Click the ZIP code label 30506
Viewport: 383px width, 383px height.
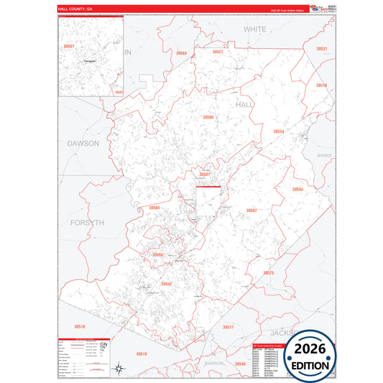point(208,116)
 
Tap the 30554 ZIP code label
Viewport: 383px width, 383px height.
point(278,131)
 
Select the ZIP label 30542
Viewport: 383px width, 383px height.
point(167,284)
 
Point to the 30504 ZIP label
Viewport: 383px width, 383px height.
point(154,208)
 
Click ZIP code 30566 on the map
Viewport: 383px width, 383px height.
point(158,254)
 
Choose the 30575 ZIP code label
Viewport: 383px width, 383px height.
point(269,273)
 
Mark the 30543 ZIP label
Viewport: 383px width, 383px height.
point(297,189)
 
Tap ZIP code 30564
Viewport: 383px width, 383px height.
point(181,54)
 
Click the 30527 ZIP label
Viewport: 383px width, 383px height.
point(218,52)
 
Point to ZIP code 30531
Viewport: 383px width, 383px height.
point(321,48)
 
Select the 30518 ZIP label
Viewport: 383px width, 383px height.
point(79,327)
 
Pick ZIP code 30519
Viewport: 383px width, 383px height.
point(141,354)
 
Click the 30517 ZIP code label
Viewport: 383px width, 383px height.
point(228,327)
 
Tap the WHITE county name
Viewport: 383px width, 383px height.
point(254,29)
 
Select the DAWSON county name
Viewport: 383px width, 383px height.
point(83,143)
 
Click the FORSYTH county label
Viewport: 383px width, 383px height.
point(88,223)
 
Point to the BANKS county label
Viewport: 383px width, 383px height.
point(325,155)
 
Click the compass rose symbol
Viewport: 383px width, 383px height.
point(120,369)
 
